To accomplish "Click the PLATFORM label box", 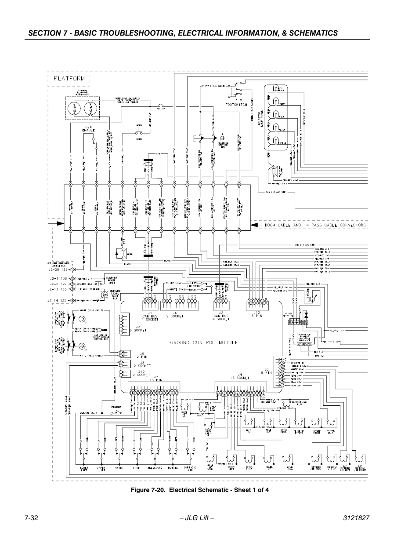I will (x=69, y=79).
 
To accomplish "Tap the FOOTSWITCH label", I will (x=235, y=105).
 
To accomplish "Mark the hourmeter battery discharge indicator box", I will (x=304, y=339).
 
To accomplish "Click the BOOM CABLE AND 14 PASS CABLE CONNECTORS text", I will (x=315, y=225).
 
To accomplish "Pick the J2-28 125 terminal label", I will (x=58, y=270).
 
